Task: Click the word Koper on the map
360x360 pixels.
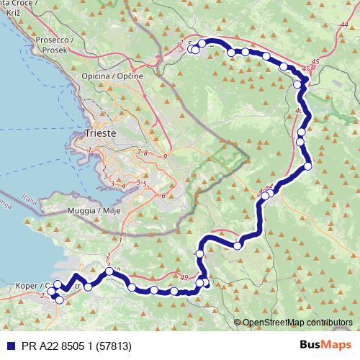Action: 27,286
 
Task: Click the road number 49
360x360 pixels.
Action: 184,278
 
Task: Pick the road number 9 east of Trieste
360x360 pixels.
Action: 165,156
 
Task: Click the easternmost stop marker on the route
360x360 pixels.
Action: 308,166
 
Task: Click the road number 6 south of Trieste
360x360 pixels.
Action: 163,195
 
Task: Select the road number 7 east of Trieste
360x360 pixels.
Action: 139,153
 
